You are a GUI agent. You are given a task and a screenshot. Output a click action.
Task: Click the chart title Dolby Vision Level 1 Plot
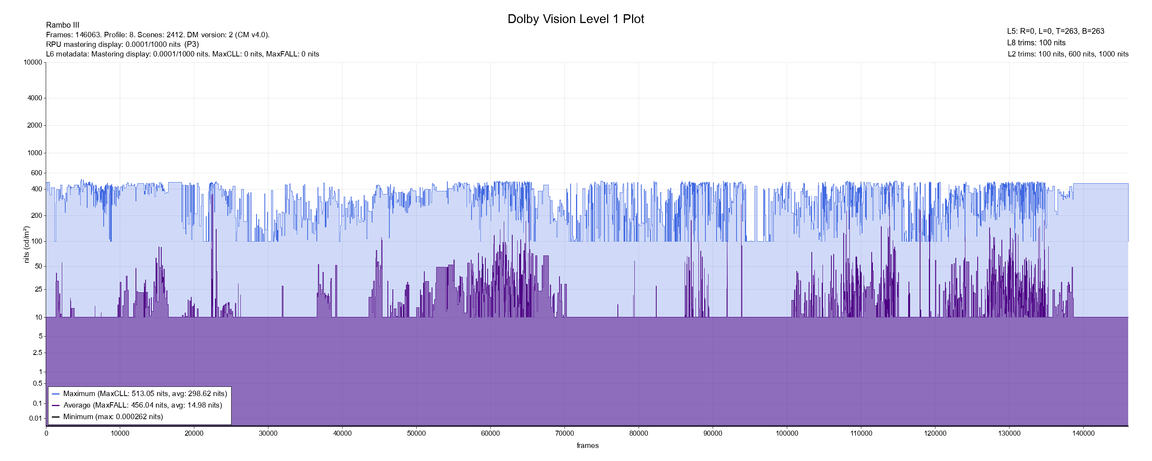[x=576, y=19]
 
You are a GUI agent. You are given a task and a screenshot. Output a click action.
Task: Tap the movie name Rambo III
[x=63, y=25]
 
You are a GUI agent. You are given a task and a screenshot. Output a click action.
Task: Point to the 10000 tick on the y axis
[x=33, y=62]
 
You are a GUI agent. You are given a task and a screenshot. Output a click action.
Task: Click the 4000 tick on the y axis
[x=35, y=98]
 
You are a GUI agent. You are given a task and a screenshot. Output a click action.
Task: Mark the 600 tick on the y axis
[x=36, y=173]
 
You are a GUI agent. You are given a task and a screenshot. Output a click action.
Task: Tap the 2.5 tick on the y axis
[x=37, y=353]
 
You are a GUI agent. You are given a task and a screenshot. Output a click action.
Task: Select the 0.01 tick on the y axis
[x=35, y=418]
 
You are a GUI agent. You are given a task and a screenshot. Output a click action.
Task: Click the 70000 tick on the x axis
[x=564, y=433]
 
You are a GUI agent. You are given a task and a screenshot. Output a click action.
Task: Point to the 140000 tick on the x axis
[x=1084, y=433]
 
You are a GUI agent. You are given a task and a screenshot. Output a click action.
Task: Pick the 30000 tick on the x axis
[x=268, y=433]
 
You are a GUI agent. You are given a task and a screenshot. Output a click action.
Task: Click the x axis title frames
[x=587, y=445]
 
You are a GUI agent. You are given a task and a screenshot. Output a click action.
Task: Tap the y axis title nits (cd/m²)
[x=26, y=244]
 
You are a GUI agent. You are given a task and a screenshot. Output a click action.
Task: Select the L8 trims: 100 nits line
[x=1036, y=43]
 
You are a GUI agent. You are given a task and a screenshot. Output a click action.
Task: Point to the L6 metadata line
[x=182, y=54]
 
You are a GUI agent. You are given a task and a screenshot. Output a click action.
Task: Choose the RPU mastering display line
[x=122, y=44]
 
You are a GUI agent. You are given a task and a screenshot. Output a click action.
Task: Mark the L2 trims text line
[x=1068, y=54]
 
